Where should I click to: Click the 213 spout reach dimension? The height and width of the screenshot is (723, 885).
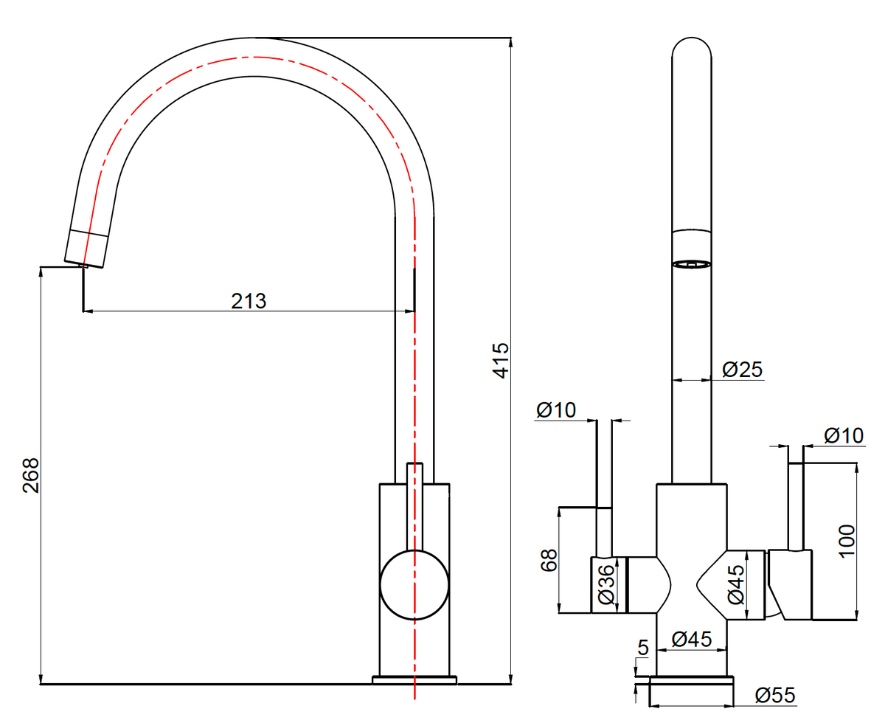pyautogui.click(x=249, y=301)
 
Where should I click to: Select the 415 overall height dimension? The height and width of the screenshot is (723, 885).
pyautogui.click(x=500, y=360)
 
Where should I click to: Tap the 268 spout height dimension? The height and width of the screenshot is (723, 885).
pyautogui.click(x=31, y=475)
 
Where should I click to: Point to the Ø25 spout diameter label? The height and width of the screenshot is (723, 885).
pyautogui.click(x=742, y=370)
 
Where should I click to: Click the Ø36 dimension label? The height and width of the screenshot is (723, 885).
pyautogui.click(x=606, y=584)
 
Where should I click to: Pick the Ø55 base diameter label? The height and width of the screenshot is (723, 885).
pyautogui.click(x=775, y=695)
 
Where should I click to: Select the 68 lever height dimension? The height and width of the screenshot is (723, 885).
pyautogui.click(x=549, y=560)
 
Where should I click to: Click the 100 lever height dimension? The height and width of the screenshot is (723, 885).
pyautogui.click(x=847, y=542)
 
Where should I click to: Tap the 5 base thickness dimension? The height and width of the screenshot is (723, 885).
pyautogui.click(x=643, y=648)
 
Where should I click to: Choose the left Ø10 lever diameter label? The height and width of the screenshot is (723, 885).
pyautogui.click(x=556, y=409)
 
